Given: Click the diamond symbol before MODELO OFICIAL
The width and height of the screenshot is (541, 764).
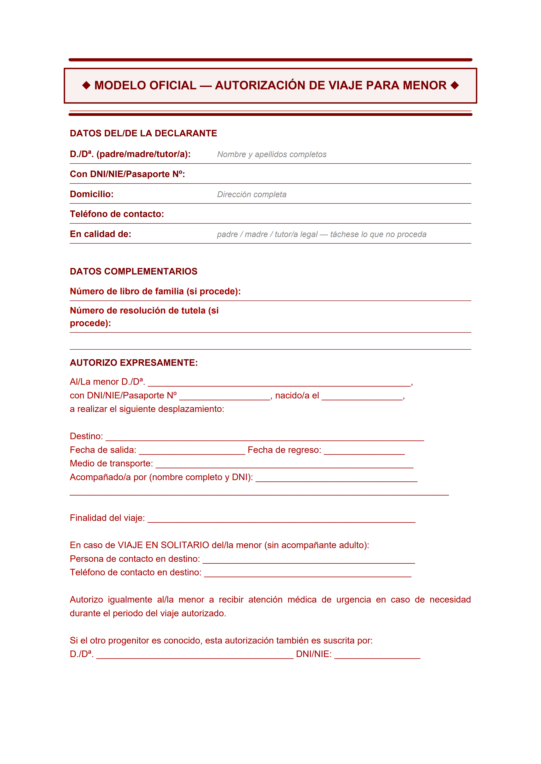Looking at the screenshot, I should pyautogui.click(x=86, y=86).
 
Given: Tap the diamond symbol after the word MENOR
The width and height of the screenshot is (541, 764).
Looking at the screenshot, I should pyautogui.click(x=454, y=86).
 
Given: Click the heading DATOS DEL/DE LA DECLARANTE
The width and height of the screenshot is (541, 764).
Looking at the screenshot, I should pyautogui.click(x=143, y=134).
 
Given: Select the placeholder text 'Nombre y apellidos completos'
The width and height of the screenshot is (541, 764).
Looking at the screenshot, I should pyautogui.click(x=272, y=154).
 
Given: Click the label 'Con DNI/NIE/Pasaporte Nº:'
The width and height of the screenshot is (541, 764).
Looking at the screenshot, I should pyautogui.click(x=127, y=174).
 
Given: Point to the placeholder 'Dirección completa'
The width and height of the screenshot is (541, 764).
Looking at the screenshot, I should pyautogui.click(x=252, y=194).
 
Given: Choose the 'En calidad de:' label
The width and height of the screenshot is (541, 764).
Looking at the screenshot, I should pyautogui.click(x=100, y=234).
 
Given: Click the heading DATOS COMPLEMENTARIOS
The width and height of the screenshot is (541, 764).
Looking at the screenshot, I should pyautogui.click(x=133, y=271).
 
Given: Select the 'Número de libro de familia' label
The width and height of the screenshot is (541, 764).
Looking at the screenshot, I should pyautogui.click(x=155, y=291).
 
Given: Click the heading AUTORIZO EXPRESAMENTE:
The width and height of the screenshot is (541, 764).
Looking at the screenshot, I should pyautogui.click(x=134, y=363).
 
